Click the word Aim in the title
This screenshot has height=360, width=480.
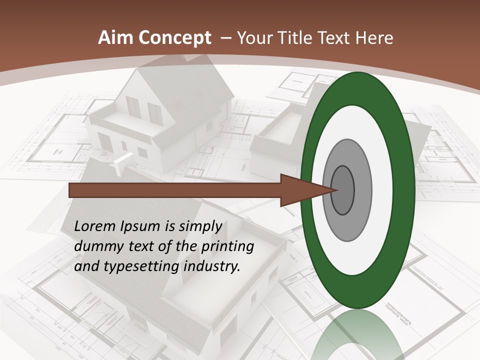(x=116, y=38)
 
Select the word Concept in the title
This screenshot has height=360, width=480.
(x=175, y=38)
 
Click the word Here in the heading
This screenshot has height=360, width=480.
(x=374, y=38)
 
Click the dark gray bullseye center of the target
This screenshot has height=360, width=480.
(x=342, y=190)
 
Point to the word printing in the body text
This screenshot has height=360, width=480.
(x=227, y=246)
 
